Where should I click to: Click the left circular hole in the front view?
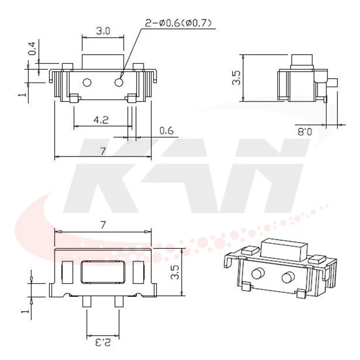click(x=88, y=82)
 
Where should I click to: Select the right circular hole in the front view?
click(x=120, y=82)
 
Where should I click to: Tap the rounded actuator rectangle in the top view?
click(x=103, y=272)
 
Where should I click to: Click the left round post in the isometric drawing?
click(x=259, y=273)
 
